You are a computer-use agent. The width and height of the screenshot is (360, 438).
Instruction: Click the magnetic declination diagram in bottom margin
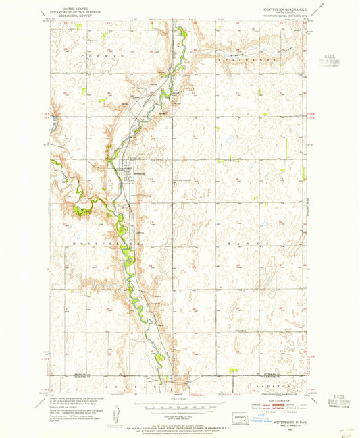pos(114,410)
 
